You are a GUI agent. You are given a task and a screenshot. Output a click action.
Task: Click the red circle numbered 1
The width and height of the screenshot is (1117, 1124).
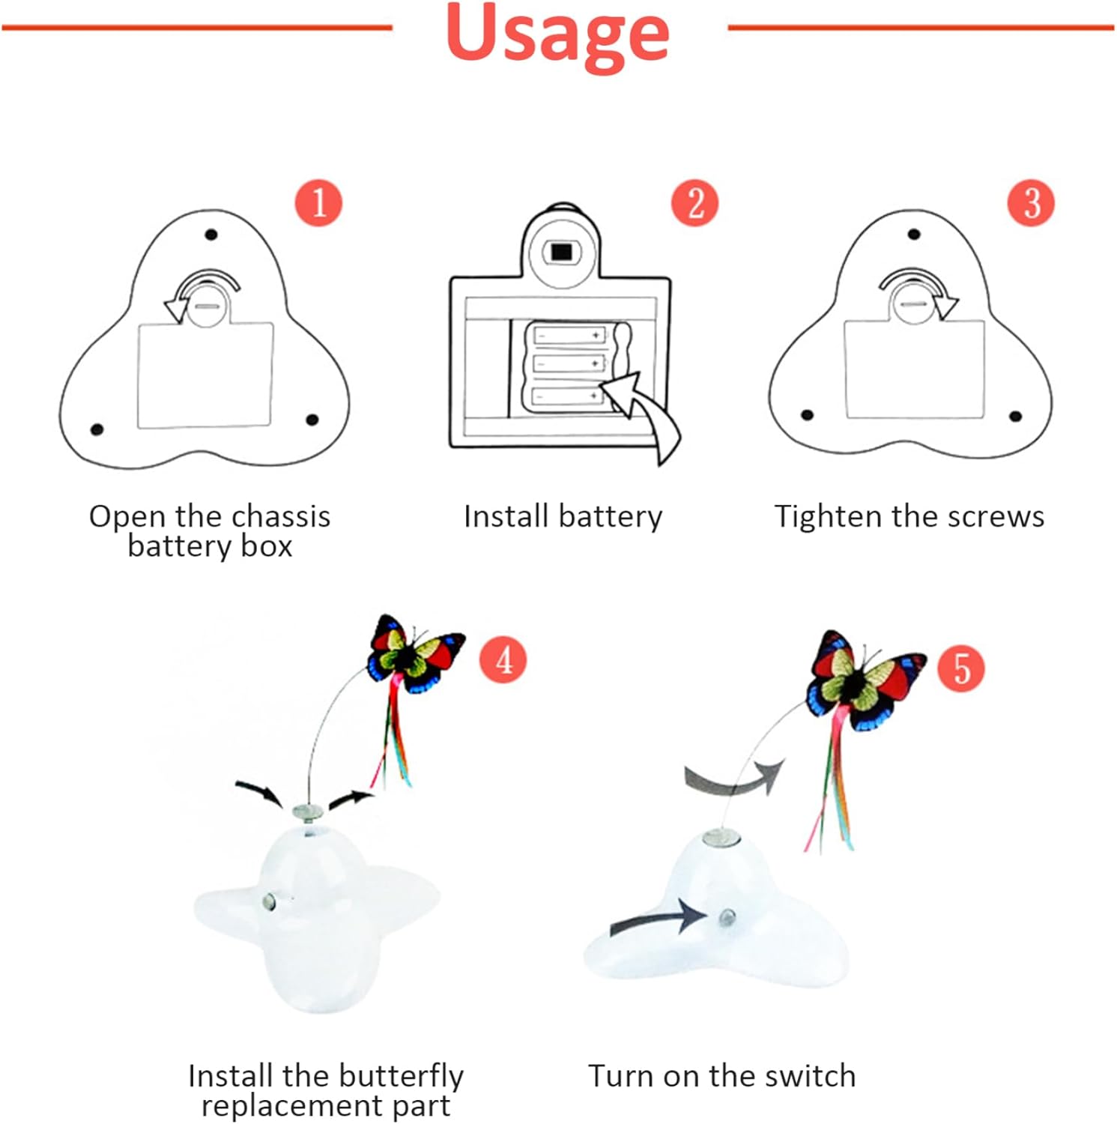click(x=318, y=203)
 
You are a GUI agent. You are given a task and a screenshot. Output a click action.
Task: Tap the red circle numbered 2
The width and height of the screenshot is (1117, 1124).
click(x=694, y=203)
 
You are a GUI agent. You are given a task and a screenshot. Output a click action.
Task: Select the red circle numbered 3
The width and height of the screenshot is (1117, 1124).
click(x=1030, y=203)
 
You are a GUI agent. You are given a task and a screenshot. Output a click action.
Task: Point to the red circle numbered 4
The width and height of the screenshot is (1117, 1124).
click(x=503, y=659)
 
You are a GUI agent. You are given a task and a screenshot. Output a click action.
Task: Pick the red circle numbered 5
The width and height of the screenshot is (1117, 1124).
click(x=961, y=669)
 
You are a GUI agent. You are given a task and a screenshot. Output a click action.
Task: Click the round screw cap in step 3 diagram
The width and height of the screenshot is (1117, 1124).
click(x=912, y=303)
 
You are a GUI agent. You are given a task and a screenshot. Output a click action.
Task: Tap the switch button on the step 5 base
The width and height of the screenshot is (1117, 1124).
click(x=726, y=916)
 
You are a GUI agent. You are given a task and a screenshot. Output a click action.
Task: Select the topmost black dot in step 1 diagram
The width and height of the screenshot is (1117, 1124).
click(x=211, y=235)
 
